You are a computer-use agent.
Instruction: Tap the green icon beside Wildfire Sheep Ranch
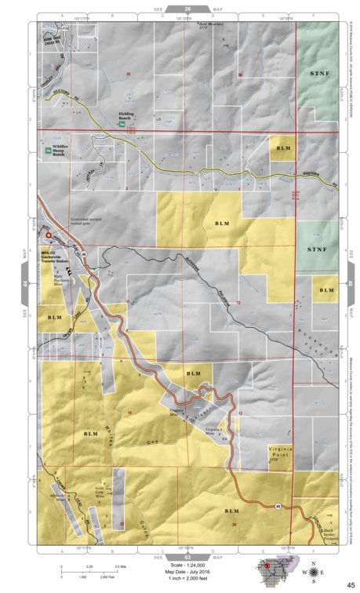pyautogui.click(x=49, y=148)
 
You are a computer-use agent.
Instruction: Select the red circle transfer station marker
pyautogui.click(x=49, y=235)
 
